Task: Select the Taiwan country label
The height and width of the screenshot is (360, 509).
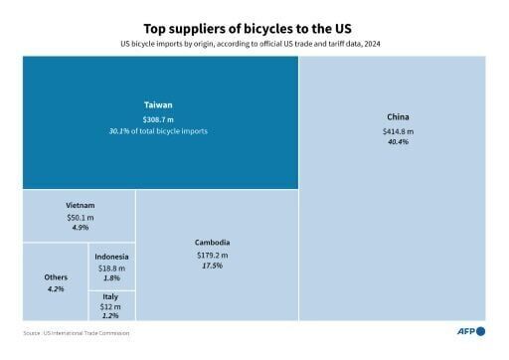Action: pos(159,104)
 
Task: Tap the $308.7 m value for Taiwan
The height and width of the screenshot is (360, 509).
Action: pos(159,118)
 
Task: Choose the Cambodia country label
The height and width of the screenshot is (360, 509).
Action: pos(214,242)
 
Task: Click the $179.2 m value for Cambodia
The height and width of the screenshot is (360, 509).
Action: pos(214,255)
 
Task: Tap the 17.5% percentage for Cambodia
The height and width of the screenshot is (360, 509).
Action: pos(214,267)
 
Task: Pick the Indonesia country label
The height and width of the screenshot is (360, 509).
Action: pos(111,258)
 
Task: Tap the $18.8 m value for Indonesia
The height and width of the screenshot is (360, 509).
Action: pos(111,269)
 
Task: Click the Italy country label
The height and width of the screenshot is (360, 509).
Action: pos(111,296)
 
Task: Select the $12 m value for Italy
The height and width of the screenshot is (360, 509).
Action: pos(111,306)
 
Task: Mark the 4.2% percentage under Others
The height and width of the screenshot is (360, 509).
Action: pos(56,289)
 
